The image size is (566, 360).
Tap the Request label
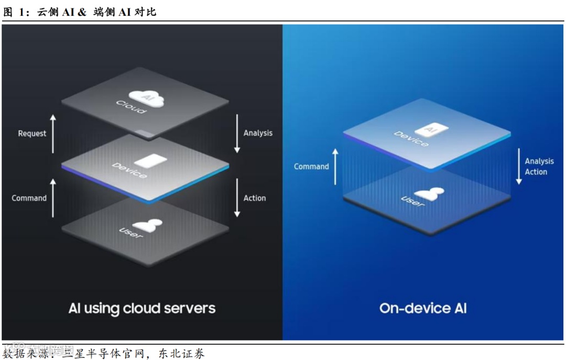click(x=32, y=133)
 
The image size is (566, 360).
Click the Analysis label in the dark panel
click(x=258, y=133)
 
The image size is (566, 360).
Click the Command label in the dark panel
click(x=29, y=198)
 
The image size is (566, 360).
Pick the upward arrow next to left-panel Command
click(x=52, y=198)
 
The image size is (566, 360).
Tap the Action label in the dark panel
click(x=255, y=198)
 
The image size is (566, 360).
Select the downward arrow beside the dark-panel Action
click(x=237, y=198)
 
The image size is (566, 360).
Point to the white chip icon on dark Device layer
click(x=151, y=160)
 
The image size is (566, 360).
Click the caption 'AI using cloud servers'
click(x=142, y=308)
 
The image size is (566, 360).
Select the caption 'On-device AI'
click(x=423, y=308)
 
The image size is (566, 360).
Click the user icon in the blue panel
click(x=429, y=193)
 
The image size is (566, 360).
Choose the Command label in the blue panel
click(x=311, y=167)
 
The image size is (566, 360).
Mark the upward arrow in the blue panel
click(x=335, y=166)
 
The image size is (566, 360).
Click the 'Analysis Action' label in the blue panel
click(x=539, y=167)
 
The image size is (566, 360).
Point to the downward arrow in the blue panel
click(x=519, y=166)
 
